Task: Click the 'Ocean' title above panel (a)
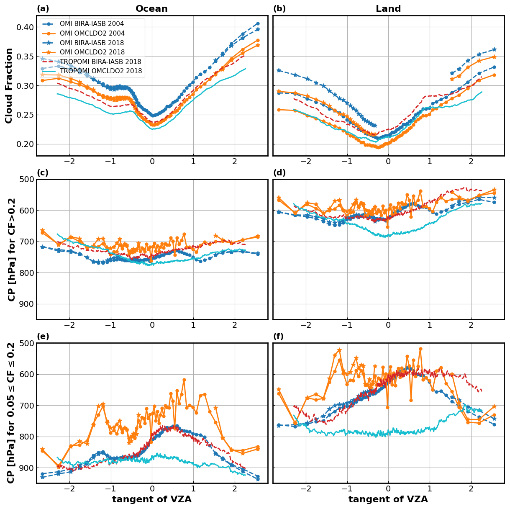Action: click(x=151, y=9)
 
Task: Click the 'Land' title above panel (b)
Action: click(x=388, y=9)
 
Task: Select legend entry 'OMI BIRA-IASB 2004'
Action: click(x=92, y=24)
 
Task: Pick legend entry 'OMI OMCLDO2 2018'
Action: click(x=92, y=52)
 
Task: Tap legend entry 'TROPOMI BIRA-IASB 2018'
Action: click(x=100, y=62)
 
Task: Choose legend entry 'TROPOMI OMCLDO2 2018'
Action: click(x=101, y=71)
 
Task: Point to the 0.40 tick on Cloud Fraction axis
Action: click(x=25, y=27)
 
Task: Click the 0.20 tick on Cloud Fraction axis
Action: click(x=25, y=144)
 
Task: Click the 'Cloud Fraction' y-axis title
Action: click(x=9, y=85)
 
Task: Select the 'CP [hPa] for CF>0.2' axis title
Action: click(x=12, y=249)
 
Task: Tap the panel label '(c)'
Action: click(x=43, y=173)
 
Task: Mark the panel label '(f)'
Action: click(x=279, y=337)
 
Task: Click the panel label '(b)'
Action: click(x=279, y=9)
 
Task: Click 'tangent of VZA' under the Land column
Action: click(x=388, y=499)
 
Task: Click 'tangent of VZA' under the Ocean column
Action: click(x=151, y=499)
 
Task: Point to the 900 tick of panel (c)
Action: click(x=26, y=304)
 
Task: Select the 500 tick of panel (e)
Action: click(x=26, y=343)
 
